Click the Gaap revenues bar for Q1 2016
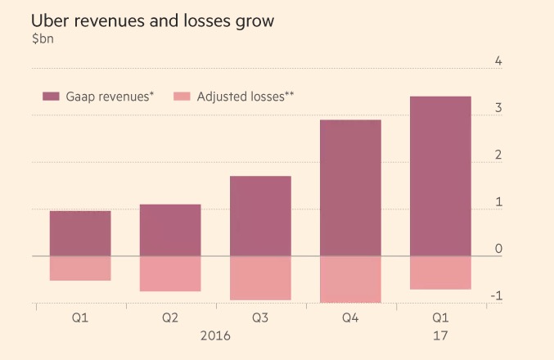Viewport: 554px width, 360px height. tap(80, 233)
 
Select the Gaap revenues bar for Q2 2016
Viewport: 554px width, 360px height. tap(170, 230)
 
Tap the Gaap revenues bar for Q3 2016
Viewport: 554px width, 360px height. tap(260, 216)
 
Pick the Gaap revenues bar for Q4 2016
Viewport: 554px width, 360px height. tap(350, 188)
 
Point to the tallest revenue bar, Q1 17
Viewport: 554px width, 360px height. tap(440, 176)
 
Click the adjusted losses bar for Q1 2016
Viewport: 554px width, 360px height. tap(80, 268)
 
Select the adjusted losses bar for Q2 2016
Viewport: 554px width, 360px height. tap(170, 274)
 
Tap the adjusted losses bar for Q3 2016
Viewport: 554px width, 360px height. tap(260, 278)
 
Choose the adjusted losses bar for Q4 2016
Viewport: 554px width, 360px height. tap(350, 280)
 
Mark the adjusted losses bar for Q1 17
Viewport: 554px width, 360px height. tap(440, 272)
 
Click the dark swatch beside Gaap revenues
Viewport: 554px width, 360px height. tap(51, 97)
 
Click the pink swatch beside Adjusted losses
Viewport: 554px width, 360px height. tap(182, 97)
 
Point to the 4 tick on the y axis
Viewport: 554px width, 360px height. tap(498, 61)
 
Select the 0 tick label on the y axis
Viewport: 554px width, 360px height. tap(498, 249)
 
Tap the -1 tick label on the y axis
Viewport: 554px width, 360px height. tap(495, 295)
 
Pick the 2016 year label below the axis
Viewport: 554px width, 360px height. tap(215, 336)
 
